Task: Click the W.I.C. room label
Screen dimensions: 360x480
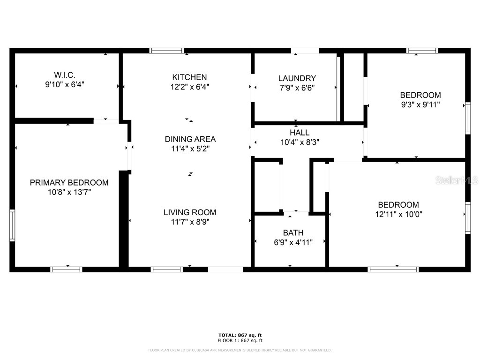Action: click(x=64, y=75)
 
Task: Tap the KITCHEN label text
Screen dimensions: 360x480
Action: click(x=189, y=77)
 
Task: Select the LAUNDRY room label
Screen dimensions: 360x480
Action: click(x=297, y=78)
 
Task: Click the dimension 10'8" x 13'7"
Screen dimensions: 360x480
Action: click(x=69, y=192)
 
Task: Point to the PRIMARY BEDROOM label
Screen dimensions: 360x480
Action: click(x=69, y=183)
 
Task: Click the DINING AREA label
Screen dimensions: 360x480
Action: click(x=190, y=139)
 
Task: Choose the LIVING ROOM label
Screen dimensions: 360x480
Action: click(x=190, y=212)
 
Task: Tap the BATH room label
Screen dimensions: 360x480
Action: click(x=293, y=233)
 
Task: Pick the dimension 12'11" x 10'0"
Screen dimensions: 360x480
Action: click(x=398, y=214)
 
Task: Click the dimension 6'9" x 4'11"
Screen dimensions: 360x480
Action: click(x=293, y=242)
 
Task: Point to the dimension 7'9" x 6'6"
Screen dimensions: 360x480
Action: click(x=297, y=88)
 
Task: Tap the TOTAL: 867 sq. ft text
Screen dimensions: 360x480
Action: click(x=240, y=335)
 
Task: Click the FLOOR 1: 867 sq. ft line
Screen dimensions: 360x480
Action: click(x=240, y=341)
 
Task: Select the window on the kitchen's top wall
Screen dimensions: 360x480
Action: click(x=167, y=51)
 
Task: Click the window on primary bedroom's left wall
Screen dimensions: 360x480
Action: click(x=12, y=225)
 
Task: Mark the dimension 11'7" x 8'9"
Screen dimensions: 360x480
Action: click(x=190, y=222)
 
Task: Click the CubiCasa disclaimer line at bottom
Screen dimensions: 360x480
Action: click(x=240, y=350)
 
